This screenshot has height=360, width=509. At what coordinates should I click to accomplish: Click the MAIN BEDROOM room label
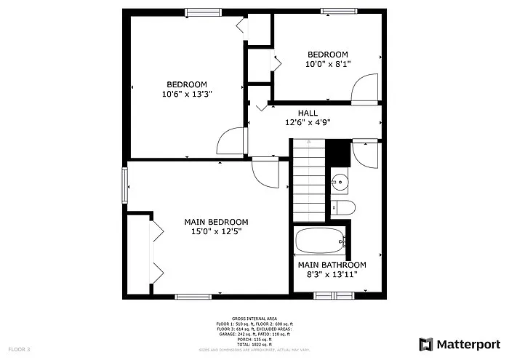tap(216, 222)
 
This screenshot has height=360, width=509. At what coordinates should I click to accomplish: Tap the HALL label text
tap(308, 113)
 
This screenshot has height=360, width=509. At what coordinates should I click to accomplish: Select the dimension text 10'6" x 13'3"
tap(187, 94)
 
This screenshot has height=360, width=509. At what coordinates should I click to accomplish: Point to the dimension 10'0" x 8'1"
tap(328, 64)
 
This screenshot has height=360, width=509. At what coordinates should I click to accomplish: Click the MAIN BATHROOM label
tap(332, 265)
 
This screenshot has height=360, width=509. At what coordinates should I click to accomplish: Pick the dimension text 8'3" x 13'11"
tap(332, 275)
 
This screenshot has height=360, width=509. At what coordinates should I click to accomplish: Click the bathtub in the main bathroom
tap(320, 240)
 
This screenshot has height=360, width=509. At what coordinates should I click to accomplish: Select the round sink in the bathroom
tap(340, 183)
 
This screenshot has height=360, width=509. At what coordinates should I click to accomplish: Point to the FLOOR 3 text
tap(19, 350)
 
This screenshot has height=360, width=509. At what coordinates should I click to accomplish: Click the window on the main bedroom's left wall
tap(124, 187)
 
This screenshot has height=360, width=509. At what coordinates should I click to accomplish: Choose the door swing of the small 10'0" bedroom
tap(364, 88)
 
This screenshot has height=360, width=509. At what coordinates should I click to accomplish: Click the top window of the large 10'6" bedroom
tap(202, 12)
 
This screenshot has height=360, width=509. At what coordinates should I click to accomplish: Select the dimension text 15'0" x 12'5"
tap(216, 231)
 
